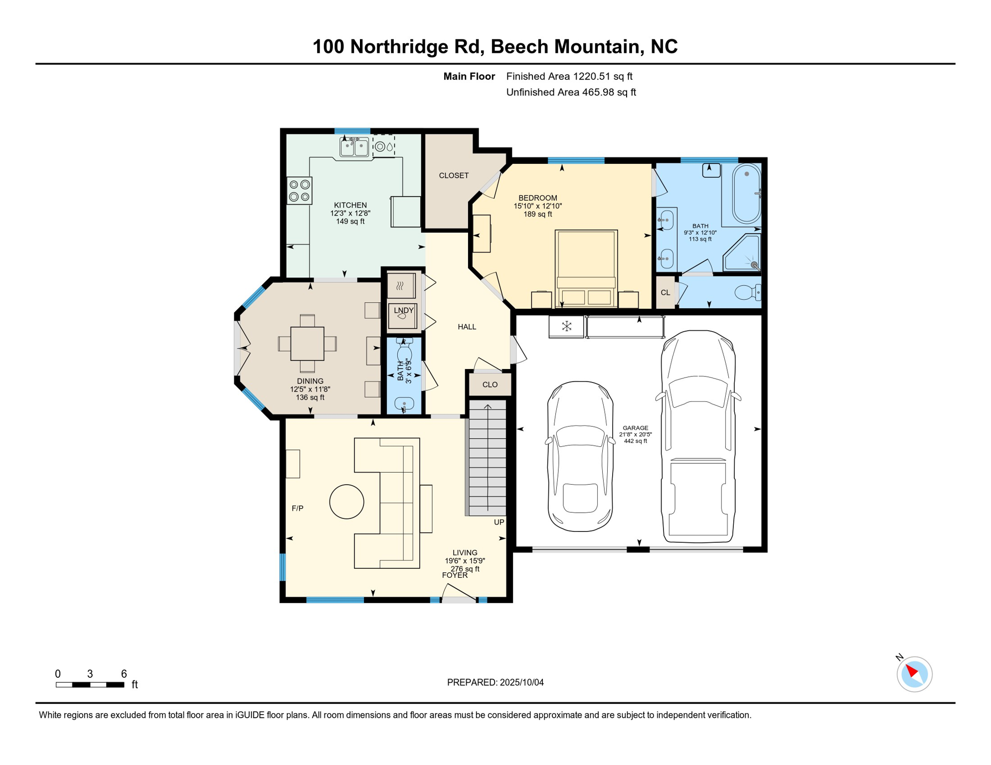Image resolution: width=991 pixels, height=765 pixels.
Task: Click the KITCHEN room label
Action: (350, 205)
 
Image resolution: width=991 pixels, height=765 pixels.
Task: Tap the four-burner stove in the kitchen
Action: (300, 191)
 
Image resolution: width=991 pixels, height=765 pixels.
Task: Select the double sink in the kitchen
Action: (354, 147)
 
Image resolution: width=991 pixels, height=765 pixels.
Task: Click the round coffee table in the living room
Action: (346, 502)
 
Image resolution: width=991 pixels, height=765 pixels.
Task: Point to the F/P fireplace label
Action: (298, 508)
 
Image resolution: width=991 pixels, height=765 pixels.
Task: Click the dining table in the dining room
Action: (307, 344)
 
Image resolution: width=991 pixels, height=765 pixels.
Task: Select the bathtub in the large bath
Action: (746, 194)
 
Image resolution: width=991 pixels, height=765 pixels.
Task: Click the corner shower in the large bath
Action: (742, 253)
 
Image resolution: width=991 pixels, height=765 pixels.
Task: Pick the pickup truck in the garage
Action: (698, 437)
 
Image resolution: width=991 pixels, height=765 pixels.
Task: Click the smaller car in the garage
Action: (580, 456)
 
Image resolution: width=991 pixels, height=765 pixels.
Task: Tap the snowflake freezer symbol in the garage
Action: (566, 327)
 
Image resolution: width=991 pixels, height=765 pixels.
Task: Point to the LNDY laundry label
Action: (404, 310)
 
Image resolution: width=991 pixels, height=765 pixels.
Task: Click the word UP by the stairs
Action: (499, 522)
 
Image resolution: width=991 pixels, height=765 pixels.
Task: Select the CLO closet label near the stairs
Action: (490, 384)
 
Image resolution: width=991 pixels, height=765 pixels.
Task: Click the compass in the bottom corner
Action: (914, 674)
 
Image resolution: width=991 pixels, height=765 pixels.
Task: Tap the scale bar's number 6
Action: (124, 674)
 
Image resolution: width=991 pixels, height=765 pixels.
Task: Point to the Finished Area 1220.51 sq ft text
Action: (569, 76)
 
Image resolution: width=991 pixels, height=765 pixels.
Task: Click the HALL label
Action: (467, 327)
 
